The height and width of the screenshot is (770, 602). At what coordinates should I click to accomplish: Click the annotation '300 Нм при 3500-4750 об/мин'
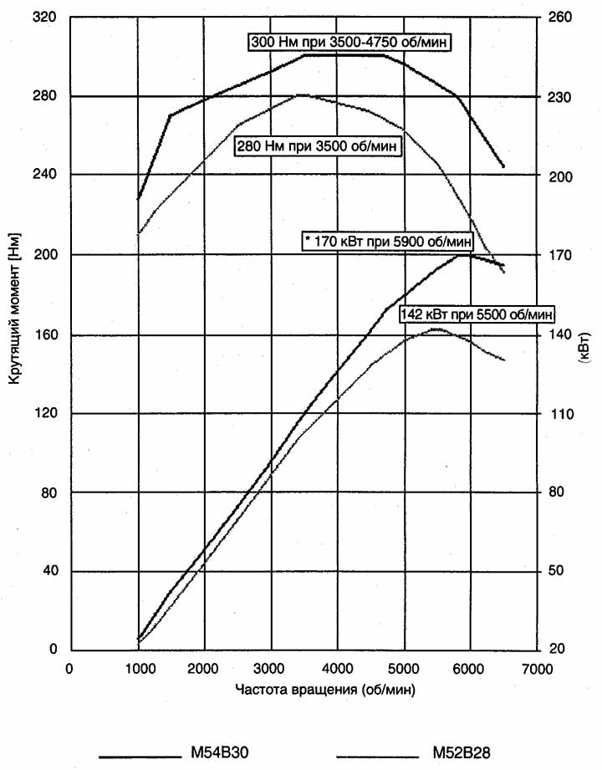click(x=350, y=42)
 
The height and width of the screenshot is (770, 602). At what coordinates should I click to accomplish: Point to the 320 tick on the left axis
click(x=44, y=16)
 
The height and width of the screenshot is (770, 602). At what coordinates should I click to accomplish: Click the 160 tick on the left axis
click(x=44, y=334)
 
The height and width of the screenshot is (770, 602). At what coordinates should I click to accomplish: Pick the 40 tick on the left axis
click(x=47, y=572)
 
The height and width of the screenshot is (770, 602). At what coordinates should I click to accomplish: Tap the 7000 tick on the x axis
click(x=536, y=669)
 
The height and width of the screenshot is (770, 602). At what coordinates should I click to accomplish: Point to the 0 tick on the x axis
click(x=70, y=669)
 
